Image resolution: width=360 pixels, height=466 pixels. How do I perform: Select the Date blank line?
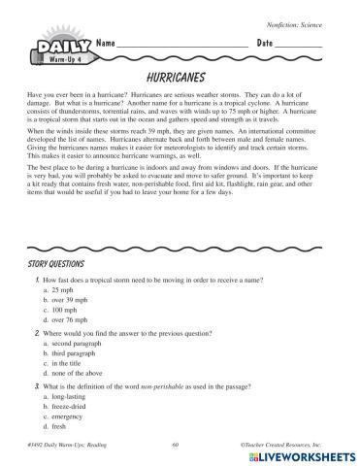pyautogui.click(x=301, y=48)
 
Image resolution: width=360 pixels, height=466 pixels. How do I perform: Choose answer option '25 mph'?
pyautogui.click(x=64, y=289)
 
